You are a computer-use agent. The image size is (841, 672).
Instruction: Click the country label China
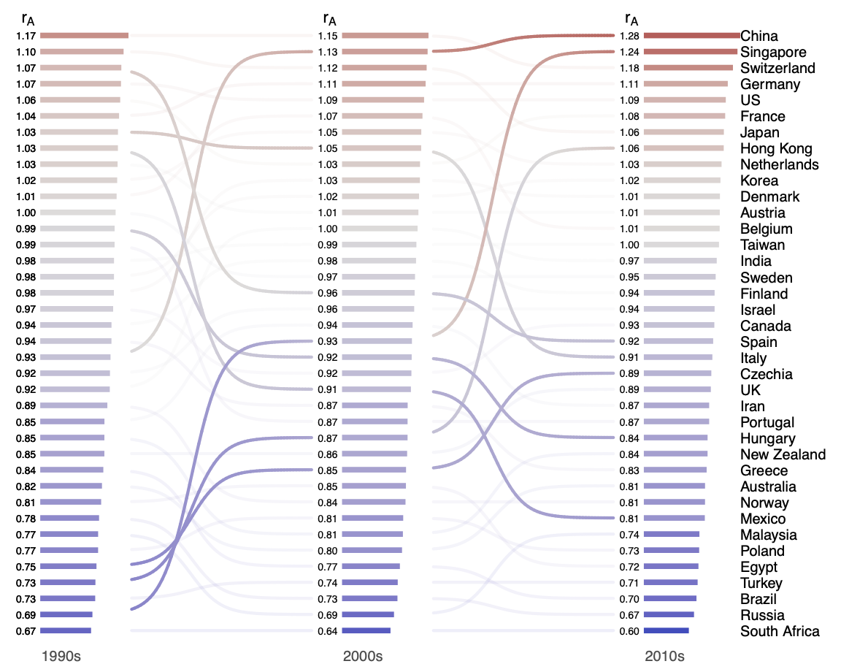[x=759, y=36]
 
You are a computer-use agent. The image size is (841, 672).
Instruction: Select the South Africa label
[x=780, y=631]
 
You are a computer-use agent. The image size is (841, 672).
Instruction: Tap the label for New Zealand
[x=783, y=454]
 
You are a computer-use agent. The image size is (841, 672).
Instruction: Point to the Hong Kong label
[x=776, y=148]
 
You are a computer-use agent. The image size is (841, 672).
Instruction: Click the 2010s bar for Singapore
[x=691, y=52]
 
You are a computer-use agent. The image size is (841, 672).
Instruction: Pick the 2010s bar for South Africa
[x=666, y=630]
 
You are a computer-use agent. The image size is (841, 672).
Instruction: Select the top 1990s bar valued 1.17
[x=84, y=35]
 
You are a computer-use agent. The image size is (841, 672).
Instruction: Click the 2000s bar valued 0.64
[x=366, y=630]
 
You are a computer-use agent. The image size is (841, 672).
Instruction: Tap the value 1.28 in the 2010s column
[x=630, y=36]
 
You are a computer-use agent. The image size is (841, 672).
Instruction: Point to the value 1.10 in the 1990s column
[x=26, y=52]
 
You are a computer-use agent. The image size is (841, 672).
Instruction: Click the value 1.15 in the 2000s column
[x=328, y=36]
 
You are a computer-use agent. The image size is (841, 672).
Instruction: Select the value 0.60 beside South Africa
[x=630, y=631]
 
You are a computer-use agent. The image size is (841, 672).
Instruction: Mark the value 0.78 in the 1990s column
[x=26, y=518]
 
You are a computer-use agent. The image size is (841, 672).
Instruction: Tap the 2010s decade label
[x=664, y=656]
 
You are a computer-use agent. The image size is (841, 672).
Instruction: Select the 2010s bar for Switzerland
[x=688, y=68]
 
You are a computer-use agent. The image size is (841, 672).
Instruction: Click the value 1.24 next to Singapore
[x=630, y=52]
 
